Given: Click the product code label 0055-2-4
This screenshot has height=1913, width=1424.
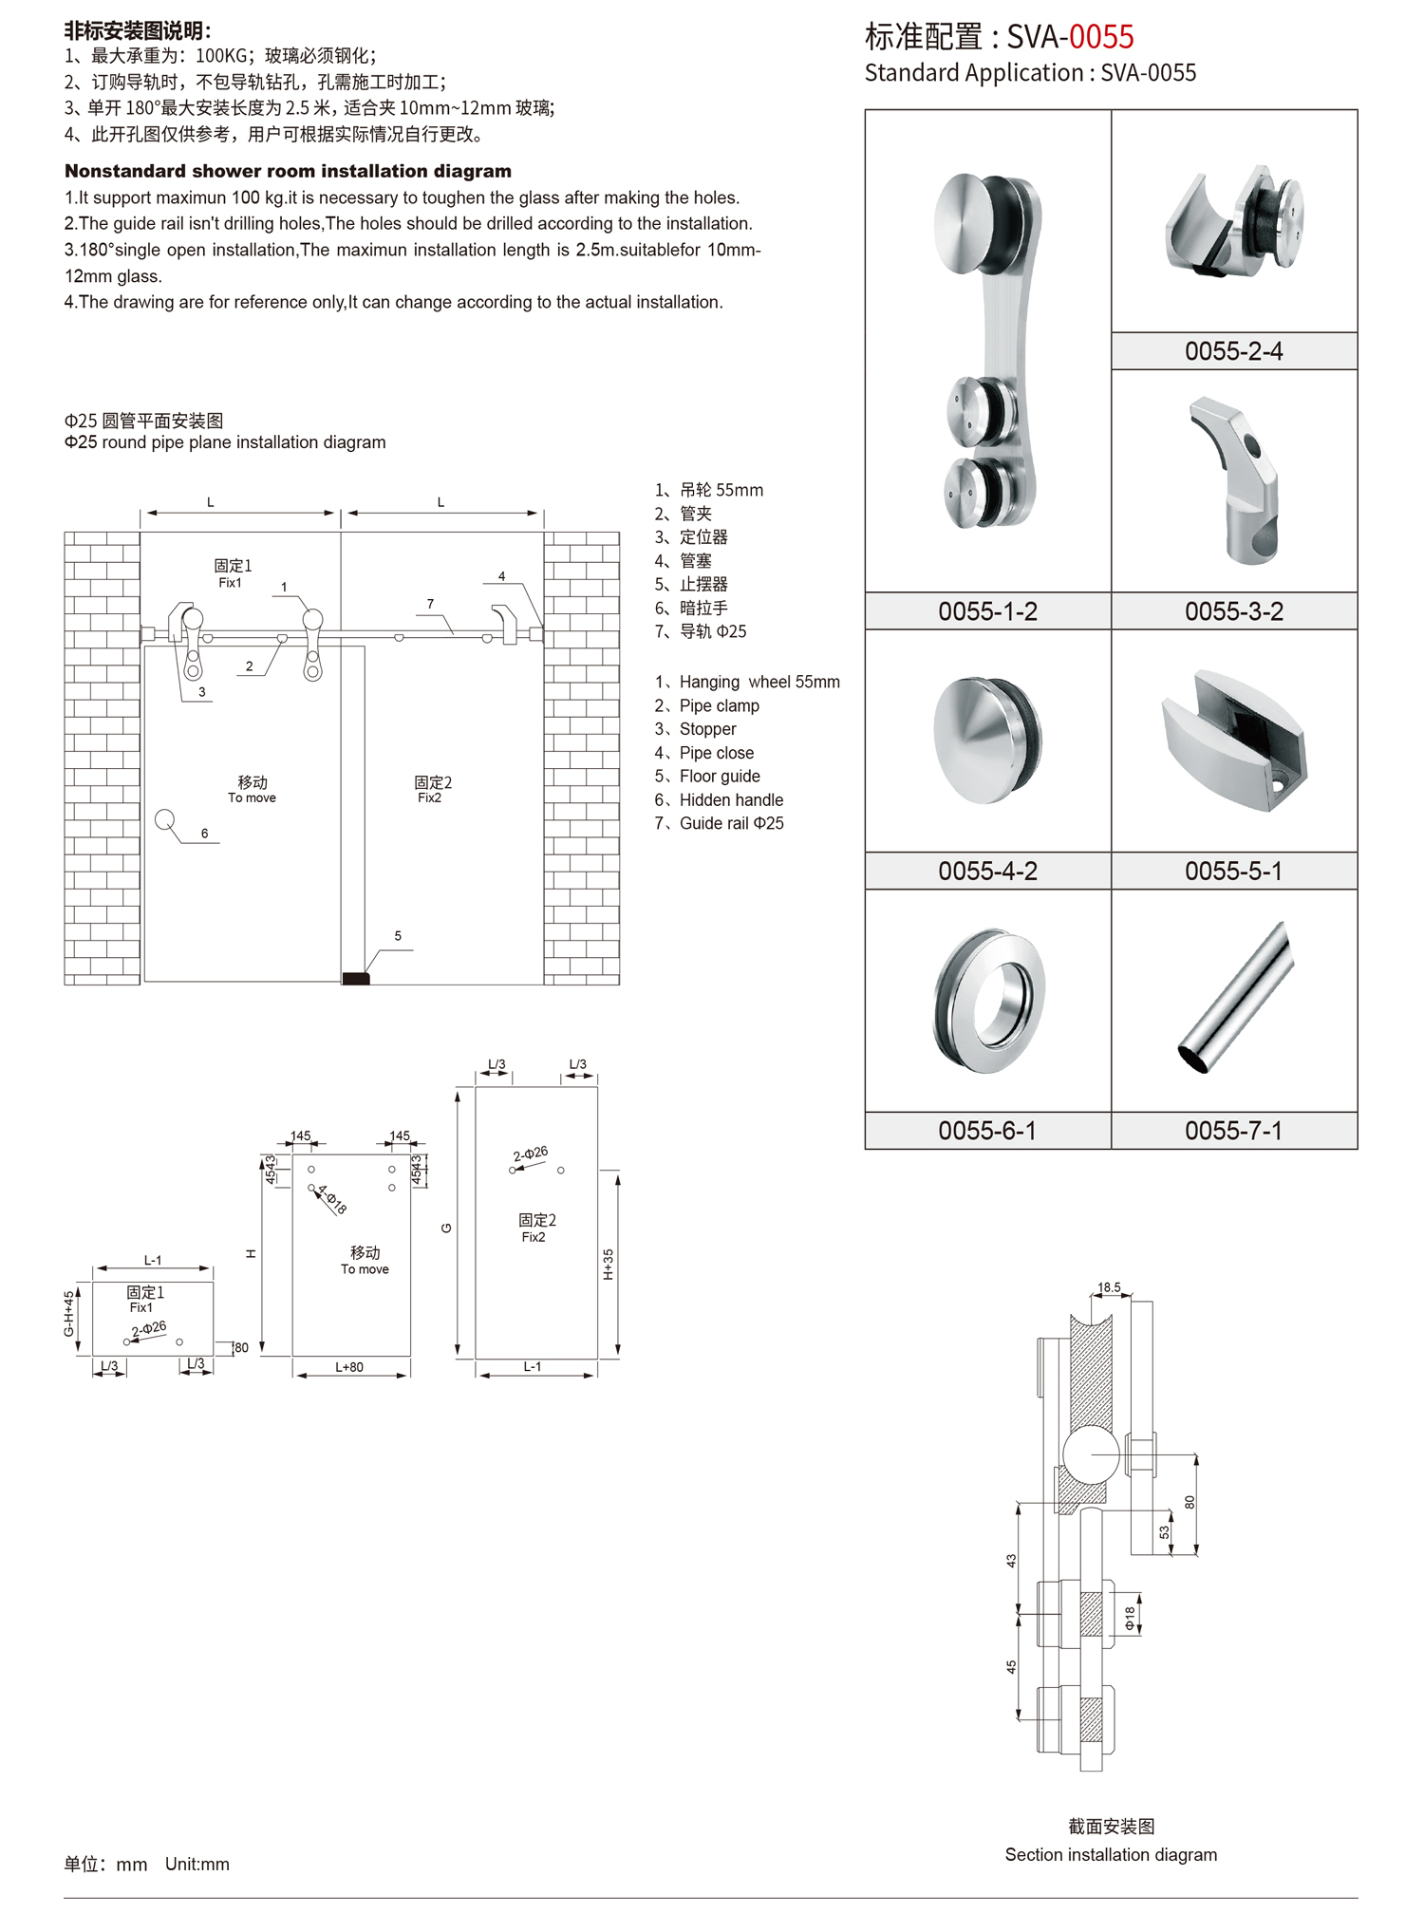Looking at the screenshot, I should pos(1233,351).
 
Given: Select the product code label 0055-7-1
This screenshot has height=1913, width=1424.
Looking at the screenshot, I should pos(1233,1131).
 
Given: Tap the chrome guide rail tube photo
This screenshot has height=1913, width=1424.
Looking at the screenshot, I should pos(1236,999).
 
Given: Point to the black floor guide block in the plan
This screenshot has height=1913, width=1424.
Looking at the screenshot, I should pos(356,978).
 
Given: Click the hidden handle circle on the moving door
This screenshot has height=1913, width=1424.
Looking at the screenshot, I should pos(165,819).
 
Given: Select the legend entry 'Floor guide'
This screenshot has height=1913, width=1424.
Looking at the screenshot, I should pos(719,777).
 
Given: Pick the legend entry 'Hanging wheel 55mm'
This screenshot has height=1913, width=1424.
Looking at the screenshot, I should pos(759,682).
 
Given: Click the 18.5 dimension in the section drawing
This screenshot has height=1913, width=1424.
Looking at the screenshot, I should pos(1109,1287).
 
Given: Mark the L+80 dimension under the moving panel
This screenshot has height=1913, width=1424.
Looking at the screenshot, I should pos(349,1367).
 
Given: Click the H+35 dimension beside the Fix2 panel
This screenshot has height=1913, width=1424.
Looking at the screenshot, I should pos(609,1264).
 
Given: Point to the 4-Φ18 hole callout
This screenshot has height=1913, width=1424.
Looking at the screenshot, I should pos(332,1200).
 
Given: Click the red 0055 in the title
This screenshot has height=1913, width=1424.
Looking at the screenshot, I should pos(1101,37).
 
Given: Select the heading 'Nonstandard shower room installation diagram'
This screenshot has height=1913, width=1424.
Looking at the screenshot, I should pos(288,171).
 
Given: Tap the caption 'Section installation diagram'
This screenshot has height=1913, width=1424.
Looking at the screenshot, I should pos(1111,1854).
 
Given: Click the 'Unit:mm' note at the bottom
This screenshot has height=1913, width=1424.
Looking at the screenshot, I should pos(197,1864).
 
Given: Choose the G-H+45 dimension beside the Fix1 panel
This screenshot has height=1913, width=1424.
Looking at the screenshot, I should pos(69,1314).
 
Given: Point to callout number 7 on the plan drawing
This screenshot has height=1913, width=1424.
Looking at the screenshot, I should pos(430,604).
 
